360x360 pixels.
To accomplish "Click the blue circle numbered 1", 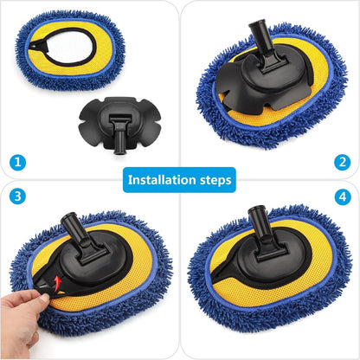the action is tap(17, 162).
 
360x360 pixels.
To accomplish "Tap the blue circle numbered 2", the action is tap(343, 162).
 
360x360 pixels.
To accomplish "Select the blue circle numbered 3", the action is tap(17, 196).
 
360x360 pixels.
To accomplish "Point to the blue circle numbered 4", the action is tap(343, 197).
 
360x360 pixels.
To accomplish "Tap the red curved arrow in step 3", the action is tap(58, 283).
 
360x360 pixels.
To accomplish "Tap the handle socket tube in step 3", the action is tap(73, 228).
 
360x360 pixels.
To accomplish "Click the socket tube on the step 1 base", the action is tap(119, 138).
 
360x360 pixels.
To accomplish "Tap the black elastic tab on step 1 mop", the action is tap(35, 45).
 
